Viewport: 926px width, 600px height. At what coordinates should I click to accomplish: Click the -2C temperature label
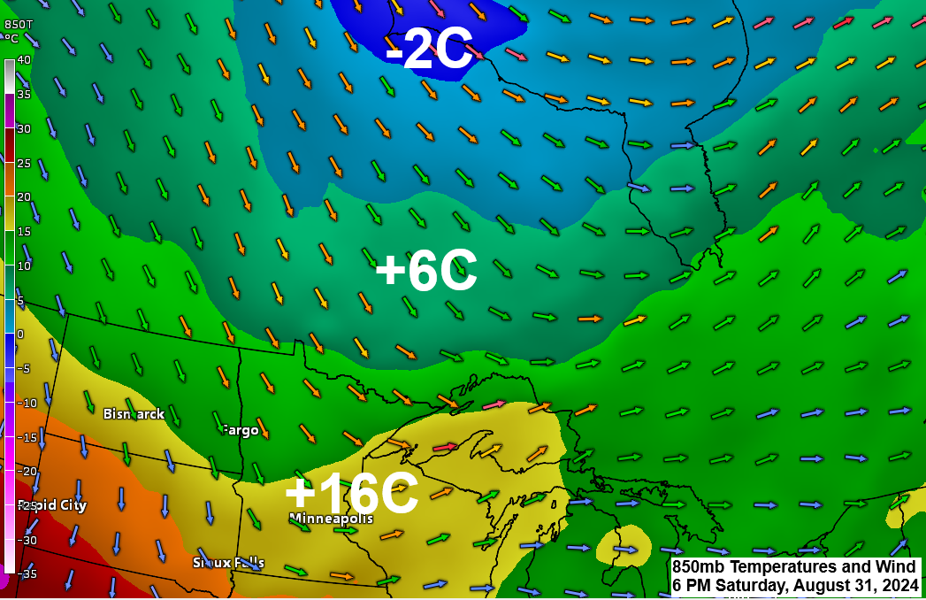coord(430,50)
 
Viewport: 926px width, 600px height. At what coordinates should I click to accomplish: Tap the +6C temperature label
coord(426,272)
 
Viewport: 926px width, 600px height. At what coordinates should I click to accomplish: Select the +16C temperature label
coord(351,494)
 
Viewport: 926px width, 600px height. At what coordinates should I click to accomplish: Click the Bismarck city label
coord(134,413)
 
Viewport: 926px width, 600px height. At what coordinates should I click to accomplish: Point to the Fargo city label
coord(240,430)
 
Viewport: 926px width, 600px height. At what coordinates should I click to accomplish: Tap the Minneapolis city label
coord(331,518)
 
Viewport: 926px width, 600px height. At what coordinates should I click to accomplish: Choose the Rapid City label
coord(52,505)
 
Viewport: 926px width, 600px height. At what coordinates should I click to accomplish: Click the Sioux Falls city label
coord(228,562)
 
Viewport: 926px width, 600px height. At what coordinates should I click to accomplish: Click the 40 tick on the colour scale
coord(24,60)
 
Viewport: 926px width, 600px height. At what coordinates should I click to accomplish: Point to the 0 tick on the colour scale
coord(21,335)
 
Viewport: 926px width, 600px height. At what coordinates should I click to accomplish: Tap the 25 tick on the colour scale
coord(24,163)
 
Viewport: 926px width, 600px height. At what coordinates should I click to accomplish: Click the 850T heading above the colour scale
coord(18,25)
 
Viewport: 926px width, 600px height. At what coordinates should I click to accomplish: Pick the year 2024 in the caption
coord(897,585)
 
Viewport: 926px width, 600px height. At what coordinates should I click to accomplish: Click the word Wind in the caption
coord(897,567)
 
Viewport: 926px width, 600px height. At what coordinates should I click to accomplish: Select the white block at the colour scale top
coord(9,76)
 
